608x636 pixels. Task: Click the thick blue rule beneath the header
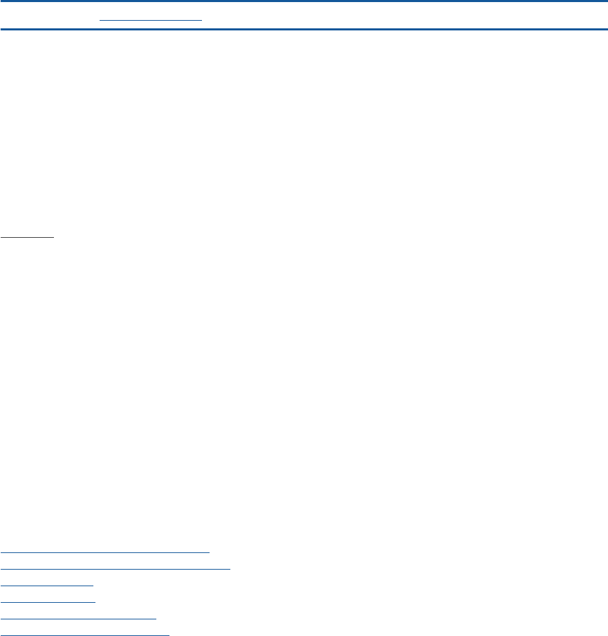tap(304, 29)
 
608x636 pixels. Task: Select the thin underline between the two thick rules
tap(151, 19)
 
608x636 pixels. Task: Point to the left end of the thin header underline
tap(100, 19)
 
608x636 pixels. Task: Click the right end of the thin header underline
tap(201, 19)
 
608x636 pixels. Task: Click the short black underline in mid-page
tap(27, 236)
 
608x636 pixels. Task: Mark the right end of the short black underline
tap(53, 236)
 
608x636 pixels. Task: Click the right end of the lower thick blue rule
tap(606, 29)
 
